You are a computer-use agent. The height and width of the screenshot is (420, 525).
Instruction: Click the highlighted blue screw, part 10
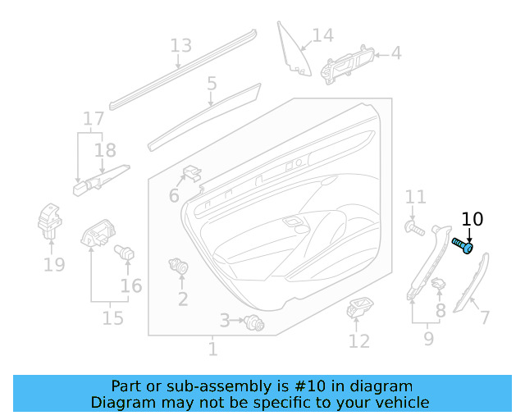pyautogui.click(x=463, y=244)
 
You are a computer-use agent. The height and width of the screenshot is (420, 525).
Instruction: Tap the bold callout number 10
pyautogui.click(x=472, y=220)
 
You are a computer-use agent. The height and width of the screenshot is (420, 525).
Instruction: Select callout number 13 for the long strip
pyautogui.click(x=180, y=46)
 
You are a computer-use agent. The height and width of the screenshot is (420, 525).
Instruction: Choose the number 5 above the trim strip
pyautogui.click(x=212, y=83)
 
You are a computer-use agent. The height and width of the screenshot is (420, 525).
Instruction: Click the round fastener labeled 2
pyautogui.click(x=176, y=266)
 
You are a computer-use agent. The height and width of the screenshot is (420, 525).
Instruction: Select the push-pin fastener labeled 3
pyautogui.click(x=253, y=324)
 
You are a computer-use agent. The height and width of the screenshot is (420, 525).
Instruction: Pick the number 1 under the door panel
pyautogui.click(x=212, y=350)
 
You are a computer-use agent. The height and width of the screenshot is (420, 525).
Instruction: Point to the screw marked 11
pyautogui.click(x=413, y=226)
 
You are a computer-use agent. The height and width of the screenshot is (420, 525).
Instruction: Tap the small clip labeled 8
pyautogui.click(x=439, y=284)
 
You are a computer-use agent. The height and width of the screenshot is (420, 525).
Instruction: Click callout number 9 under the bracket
pyautogui.click(x=428, y=336)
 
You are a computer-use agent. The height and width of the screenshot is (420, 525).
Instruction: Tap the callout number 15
pyautogui.click(x=112, y=317)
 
